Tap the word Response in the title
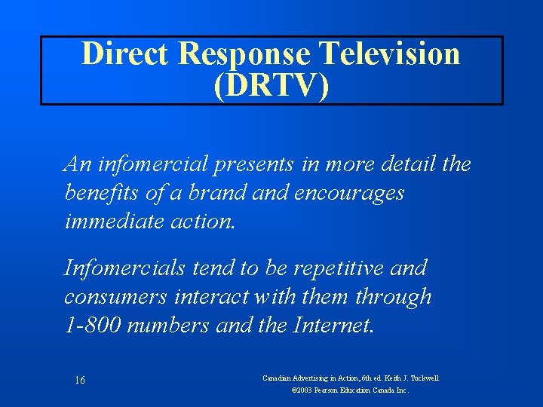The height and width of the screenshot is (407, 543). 247,54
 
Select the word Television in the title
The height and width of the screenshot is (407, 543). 390,54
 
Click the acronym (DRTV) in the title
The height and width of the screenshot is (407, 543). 271,86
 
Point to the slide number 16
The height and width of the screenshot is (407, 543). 79,381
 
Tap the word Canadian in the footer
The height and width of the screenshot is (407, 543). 280,378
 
